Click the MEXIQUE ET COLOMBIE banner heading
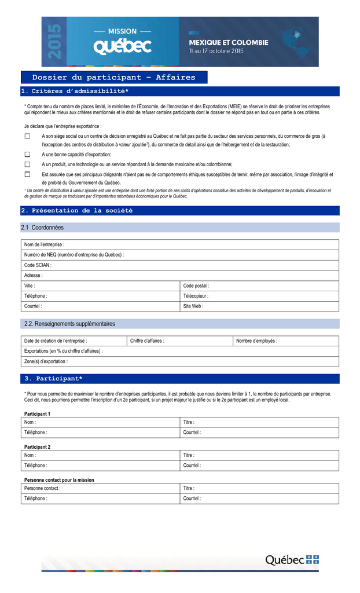(x=229, y=42)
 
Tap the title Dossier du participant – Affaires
(x=114, y=78)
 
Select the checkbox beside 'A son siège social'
(x=27, y=136)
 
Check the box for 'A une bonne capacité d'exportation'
(x=27, y=155)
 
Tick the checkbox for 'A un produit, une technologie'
(x=27, y=164)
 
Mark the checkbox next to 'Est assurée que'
(x=27, y=174)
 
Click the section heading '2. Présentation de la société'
(x=77, y=211)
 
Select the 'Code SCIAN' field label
(x=38, y=265)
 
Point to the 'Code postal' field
(x=259, y=285)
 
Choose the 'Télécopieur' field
(x=259, y=296)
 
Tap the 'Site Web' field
(x=259, y=306)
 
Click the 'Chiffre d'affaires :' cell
(x=179, y=341)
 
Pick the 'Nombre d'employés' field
(x=286, y=341)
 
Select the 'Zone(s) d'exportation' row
(x=179, y=361)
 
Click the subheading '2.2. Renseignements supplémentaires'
(x=69, y=324)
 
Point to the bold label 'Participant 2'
(x=38, y=447)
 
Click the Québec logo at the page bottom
(x=292, y=559)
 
